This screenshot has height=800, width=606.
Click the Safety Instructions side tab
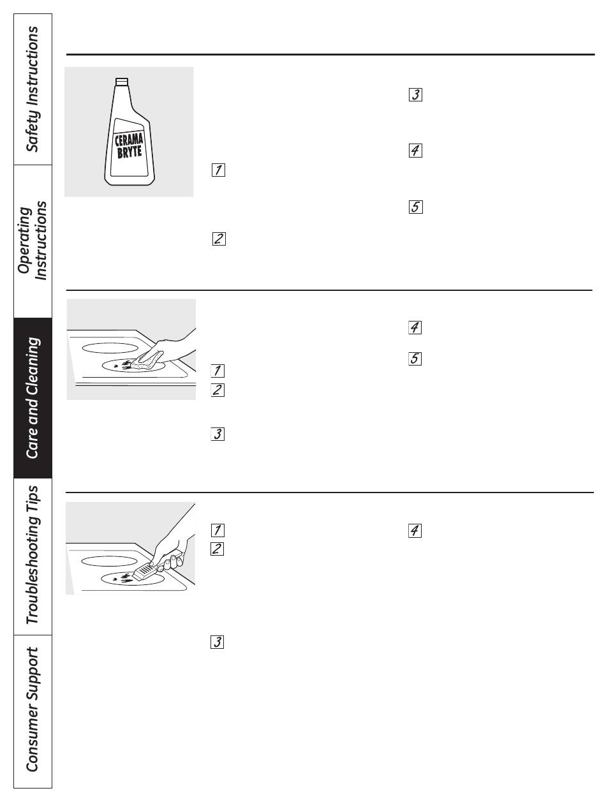coord(33,89)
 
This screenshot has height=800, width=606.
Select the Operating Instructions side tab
coord(33,241)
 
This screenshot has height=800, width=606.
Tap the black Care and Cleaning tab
coord(33,397)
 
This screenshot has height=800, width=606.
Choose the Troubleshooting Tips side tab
coord(33,556)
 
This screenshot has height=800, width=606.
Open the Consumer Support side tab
coord(33,711)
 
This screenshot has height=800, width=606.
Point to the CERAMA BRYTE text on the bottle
coord(129,146)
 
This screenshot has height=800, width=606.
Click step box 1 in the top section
coord(218,170)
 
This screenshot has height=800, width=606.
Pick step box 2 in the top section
coord(219,239)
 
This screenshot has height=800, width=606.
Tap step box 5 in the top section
coord(416,207)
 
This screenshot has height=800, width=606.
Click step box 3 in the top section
coord(415,94)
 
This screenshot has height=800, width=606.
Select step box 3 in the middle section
coord(218,434)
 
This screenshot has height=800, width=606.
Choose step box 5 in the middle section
coord(415,359)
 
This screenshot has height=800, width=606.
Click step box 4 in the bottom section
coord(415,531)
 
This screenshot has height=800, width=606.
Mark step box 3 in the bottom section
coord(217,642)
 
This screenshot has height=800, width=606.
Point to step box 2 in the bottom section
coord(217,549)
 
